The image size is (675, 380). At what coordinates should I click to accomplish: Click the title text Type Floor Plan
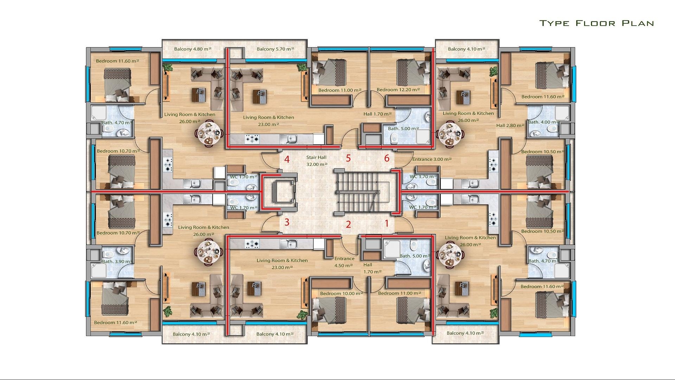click(x=597, y=23)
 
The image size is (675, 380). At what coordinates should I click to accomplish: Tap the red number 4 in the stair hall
click(x=287, y=159)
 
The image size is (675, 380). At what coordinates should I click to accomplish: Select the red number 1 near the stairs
click(x=387, y=223)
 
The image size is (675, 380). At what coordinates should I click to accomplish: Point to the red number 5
click(x=348, y=158)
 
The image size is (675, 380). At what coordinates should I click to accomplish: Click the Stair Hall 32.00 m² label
click(x=316, y=161)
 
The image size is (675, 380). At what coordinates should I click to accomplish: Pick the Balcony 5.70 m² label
click(x=275, y=49)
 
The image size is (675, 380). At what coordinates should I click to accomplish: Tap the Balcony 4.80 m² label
click(x=193, y=49)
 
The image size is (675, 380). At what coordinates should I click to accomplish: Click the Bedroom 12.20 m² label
click(x=398, y=90)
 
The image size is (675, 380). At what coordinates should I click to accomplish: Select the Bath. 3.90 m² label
click(x=117, y=261)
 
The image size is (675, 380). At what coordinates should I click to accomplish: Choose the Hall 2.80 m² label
click(x=510, y=125)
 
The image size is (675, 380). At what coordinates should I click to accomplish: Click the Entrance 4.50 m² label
click(x=344, y=262)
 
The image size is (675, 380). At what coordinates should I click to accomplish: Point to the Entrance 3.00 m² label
click(x=432, y=159)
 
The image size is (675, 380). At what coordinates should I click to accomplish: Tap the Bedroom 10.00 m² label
click(x=341, y=293)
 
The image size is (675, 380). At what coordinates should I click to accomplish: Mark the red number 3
click(x=287, y=222)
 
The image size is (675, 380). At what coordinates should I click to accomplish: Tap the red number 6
click(x=387, y=158)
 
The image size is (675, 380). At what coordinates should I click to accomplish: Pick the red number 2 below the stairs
click(x=348, y=224)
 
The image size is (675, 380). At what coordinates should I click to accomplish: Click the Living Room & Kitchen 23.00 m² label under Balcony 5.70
click(x=269, y=121)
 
